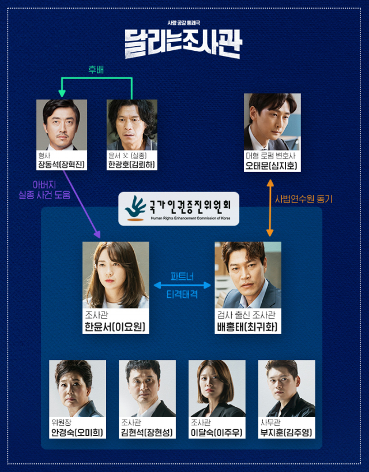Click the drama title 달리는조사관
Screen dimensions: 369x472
click(x=183, y=43)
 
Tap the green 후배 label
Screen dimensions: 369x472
click(x=96, y=70)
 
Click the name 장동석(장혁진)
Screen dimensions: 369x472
click(x=61, y=164)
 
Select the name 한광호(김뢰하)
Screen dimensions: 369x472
click(x=131, y=164)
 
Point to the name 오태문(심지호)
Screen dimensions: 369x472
click(x=271, y=166)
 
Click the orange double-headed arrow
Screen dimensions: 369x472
click(x=270, y=208)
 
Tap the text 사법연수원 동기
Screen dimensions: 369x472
click(x=304, y=199)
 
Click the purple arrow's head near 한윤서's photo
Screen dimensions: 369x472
click(x=97, y=234)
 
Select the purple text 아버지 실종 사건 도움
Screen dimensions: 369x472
click(x=44, y=190)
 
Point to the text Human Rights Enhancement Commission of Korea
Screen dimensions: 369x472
click(x=191, y=218)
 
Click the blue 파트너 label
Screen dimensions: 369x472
click(x=182, y=276)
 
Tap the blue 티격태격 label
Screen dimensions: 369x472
click(x=182, y=294)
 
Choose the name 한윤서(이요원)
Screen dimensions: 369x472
click(x=115, y=327)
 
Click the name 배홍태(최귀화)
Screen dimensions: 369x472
click(x=247, y=327)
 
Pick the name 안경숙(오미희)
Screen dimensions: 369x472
click(x=77, y=433)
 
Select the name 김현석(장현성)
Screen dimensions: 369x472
click(x=147, y=433)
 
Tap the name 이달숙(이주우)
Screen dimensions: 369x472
click(x=217, y=433)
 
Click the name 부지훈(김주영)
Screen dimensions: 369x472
click(x=286, y=433)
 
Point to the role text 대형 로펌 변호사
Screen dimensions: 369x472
click(x=270, y=156)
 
